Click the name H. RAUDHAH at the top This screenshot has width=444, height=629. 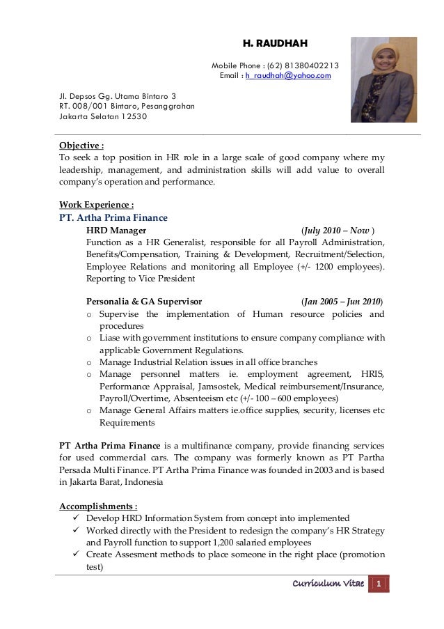point(275,43)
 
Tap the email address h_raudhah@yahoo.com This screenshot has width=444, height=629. point(288,75)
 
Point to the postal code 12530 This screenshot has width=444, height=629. point(134,116)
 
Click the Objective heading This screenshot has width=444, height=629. point(81,146)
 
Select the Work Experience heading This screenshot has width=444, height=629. point(96,205)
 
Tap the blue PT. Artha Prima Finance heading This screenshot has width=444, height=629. point(113,217)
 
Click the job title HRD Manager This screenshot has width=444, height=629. point(116,230)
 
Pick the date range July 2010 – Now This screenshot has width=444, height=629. point(336,230)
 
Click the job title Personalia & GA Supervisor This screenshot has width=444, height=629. point(144,302)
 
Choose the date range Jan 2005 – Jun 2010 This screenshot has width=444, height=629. point(341,302)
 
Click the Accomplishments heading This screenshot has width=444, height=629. point(98,505)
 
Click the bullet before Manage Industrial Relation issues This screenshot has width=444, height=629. point(89,362)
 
